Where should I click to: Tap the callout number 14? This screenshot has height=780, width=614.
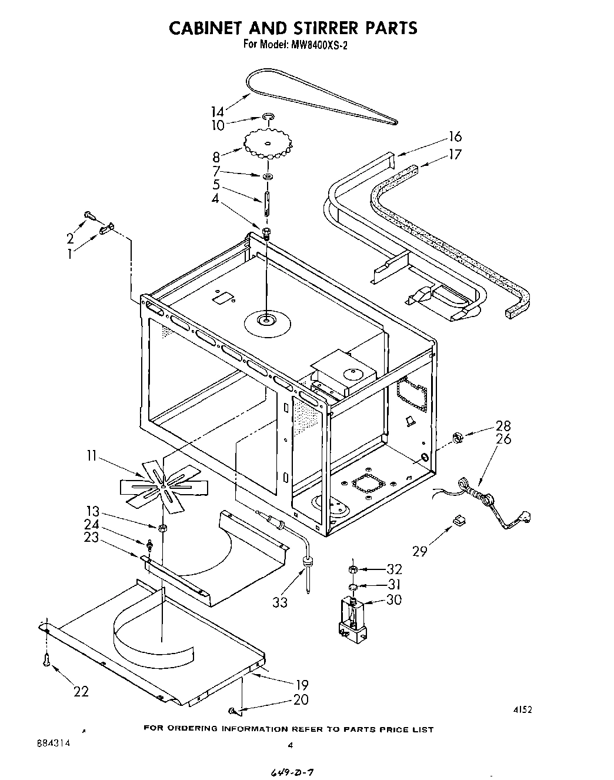point(218,112)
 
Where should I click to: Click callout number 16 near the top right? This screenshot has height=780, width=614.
point(455,137)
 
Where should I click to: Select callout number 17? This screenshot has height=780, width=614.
point(455,155)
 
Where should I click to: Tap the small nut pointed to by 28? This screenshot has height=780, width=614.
point(457,436)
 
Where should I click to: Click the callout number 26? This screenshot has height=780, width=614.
point(503,439)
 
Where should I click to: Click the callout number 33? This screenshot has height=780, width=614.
point(280,602)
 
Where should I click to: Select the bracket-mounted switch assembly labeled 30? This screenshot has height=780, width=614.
point(352,620)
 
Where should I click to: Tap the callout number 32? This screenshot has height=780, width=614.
point(394,569)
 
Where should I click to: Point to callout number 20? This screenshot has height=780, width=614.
point(300,700)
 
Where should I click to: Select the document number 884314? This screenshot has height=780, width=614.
point(53,743)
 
